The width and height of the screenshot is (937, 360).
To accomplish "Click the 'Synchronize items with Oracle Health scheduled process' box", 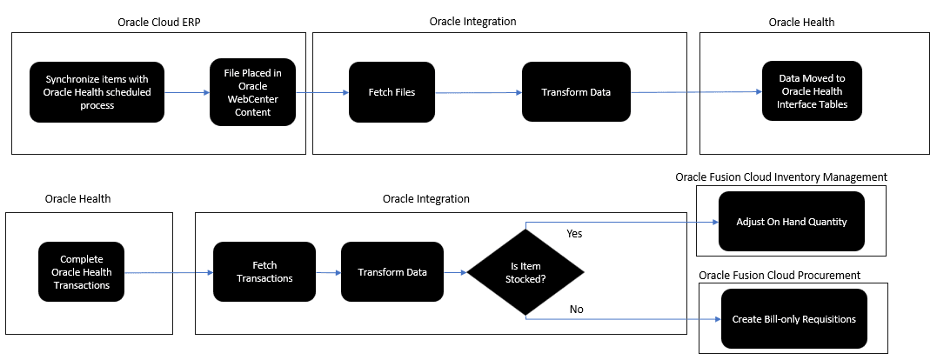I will click(97, 92).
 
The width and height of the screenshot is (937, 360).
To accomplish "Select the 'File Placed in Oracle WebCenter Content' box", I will click(252, 92).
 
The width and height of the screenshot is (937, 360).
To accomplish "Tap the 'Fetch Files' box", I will click(391, 92).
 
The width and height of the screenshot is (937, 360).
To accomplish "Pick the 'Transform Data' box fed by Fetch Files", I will click(576, 92).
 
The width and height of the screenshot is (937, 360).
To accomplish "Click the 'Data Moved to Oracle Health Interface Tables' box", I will click(811, 91).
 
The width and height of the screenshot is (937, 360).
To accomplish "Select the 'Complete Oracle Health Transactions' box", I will click(82, 272).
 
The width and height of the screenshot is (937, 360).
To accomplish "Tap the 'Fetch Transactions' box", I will click(264, 272).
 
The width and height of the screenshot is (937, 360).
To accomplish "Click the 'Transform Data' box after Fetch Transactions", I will click(392, 272).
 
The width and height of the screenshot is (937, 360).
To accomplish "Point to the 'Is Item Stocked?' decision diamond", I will click(525, 273).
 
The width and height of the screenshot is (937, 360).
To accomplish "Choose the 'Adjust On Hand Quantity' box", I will click(791, 222).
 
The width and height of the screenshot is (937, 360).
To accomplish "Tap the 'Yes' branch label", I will click(573, 234).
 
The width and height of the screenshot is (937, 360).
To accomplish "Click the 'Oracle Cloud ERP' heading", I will click(158, 23).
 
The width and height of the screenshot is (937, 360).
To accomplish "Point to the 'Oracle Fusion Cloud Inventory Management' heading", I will click(781, 177).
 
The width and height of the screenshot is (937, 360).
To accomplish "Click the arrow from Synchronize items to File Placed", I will click(186, 92).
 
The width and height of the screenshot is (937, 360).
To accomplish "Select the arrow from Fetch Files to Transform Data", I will click(478, 92).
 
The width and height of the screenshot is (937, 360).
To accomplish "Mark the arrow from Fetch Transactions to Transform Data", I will click(328, 272).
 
